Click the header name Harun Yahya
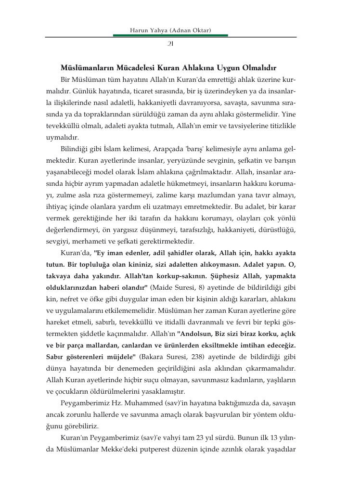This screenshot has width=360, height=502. point(151,31)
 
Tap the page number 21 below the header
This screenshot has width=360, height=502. point(170,44)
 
